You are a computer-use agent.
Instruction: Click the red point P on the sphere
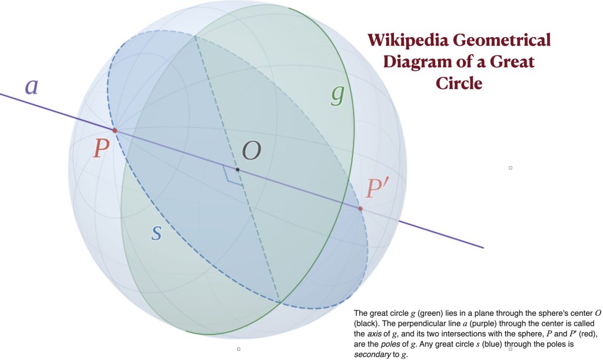(x=115, y=130)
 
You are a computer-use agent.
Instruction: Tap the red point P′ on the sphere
(x=360, y=209)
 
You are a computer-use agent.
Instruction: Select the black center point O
(x=237, y=170)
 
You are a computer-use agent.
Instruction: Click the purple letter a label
(x=32, y=86)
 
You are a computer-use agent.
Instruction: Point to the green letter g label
(x=337, y=95)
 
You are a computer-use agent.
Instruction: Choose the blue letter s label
(x=156, y=232)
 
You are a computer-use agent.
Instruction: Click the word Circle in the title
(x=459, y=84)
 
